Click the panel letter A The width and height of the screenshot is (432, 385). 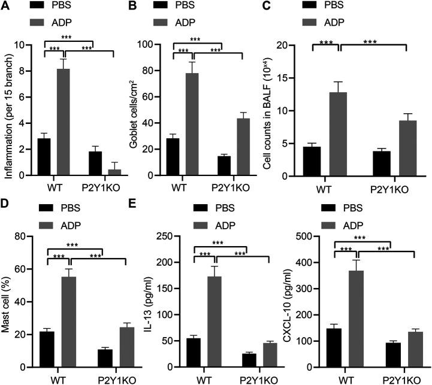(5, 5)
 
